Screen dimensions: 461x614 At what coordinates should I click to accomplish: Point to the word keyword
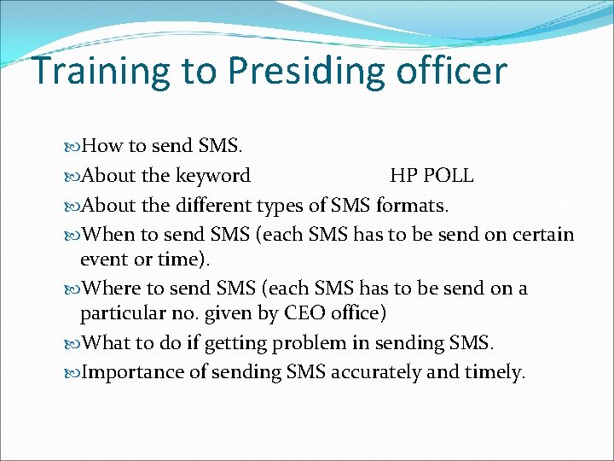tap(212, 177)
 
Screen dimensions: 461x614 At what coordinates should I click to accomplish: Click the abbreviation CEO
tap(304, 313)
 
